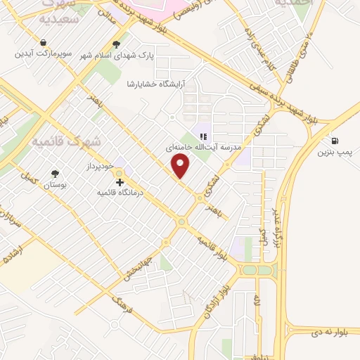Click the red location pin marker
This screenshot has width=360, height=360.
click(181, 166)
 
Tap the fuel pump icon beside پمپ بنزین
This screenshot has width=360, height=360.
click(333, 141)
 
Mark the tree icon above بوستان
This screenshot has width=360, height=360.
click(55, 173)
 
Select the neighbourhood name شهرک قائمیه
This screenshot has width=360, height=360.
click(67, 141)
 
